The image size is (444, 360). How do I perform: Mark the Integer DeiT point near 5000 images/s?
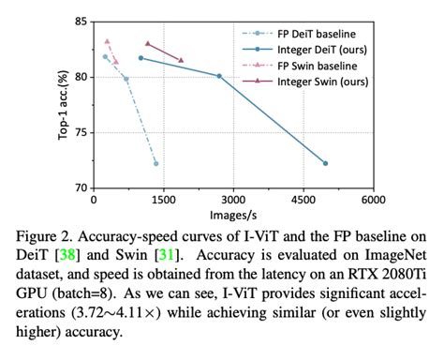(326, 163)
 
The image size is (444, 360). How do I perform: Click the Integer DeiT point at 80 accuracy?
(219, 76)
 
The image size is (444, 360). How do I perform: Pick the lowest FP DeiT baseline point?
(155, 163)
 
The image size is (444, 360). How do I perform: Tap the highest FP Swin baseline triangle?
(108, 41)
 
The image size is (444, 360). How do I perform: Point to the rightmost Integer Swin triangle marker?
(181, 60)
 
